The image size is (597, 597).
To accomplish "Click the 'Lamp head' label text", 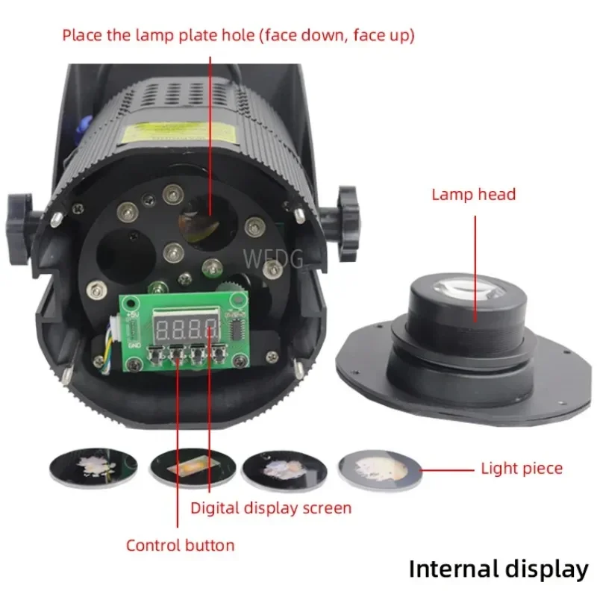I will click(473, 195).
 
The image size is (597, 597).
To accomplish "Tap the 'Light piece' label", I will click(521, 469).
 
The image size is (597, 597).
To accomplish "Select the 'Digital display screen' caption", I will click(270, 508).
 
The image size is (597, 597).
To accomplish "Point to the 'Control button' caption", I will click(180, 545).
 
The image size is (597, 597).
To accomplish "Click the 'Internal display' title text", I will click(498, 569).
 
